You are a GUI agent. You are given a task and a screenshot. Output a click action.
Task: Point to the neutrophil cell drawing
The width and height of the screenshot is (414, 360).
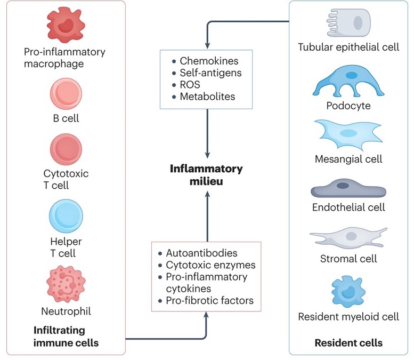click(66, 282)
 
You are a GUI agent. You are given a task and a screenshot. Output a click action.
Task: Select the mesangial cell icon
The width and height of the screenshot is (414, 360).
click(348, 135)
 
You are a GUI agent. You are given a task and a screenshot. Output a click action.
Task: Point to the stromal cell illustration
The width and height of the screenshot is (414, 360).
click(348, 237)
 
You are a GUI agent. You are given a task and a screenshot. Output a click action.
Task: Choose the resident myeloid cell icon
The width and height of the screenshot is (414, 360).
click(348, 290)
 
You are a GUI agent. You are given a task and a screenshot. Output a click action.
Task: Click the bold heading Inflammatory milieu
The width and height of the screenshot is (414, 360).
click(206, 174)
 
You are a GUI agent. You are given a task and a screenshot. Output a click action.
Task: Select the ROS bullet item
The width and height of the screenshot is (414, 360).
click(190, 85)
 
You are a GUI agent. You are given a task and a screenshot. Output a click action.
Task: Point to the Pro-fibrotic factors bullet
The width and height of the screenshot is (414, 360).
click(209, 301)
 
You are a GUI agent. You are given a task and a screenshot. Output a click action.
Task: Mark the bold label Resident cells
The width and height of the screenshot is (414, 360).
click(348, 342)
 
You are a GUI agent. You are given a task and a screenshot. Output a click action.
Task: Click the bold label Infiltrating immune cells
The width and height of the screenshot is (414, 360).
click(66, 337)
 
